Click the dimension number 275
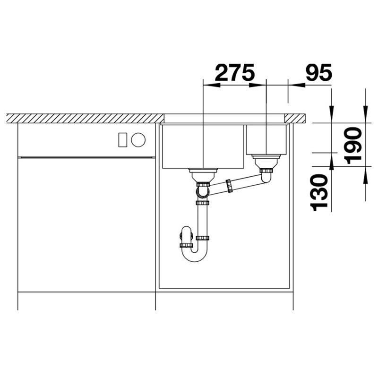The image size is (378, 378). coord(234,72)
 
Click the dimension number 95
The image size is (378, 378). coord(318,72)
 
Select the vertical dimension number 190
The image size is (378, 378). coord(353,146)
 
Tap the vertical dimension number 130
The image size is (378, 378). coord(319,193)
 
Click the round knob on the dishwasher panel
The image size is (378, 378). coord(138,139)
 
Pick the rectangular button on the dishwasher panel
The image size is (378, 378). coord(123,139)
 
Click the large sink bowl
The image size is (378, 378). coord(203,146)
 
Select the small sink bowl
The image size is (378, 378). coord(266,140)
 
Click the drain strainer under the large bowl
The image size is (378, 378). coord(203,175)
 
